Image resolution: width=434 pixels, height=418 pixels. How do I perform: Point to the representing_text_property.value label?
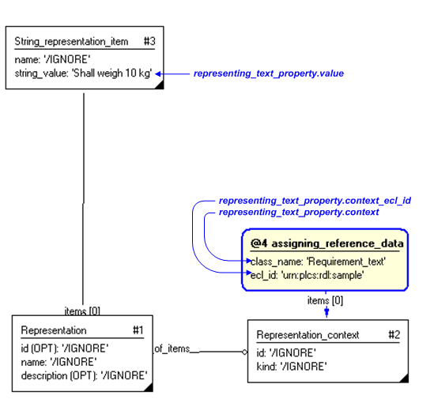point(268,73)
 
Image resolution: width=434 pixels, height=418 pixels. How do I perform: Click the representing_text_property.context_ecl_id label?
point(315,201)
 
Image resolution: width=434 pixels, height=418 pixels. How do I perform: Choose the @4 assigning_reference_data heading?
point(326,243)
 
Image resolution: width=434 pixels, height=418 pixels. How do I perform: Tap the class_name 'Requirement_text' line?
point(318,261)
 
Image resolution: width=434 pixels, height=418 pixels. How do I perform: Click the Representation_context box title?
point(308,335)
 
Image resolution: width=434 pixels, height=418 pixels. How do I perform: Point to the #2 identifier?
point(394,335)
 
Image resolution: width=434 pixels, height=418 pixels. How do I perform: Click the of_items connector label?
point(172,348)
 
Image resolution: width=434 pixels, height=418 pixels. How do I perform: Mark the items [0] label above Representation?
point(81,311)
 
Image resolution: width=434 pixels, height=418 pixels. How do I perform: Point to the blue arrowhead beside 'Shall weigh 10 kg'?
point(159,73)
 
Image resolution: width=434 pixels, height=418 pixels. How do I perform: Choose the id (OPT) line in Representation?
point(65,348)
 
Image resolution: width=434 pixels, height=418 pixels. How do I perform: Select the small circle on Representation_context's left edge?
point(244,351)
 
